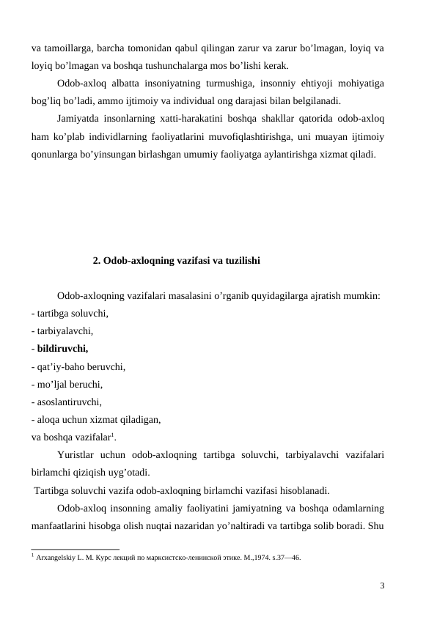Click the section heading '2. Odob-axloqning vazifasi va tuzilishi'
point(177,260)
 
